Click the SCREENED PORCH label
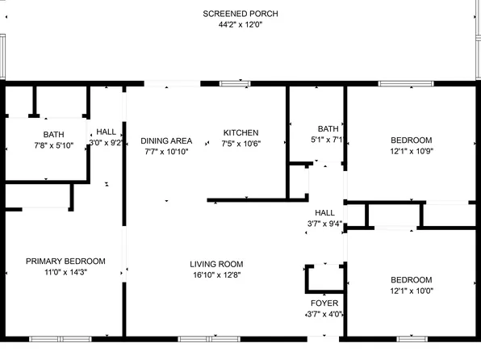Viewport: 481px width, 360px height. click(240, 14)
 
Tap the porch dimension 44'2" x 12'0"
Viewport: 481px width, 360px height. click(240, 25)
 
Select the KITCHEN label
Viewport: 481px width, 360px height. click(240, 132)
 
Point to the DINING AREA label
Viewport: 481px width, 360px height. click(165, 140)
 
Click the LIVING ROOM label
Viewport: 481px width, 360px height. click(216, 264)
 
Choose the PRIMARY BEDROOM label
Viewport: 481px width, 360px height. click(65, 261)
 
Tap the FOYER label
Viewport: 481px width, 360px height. click(325, 303)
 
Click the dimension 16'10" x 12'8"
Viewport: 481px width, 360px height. click(216, 275)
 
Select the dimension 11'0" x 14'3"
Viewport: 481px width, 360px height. click(65, 272)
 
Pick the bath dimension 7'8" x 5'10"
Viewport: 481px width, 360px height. click(53, 145)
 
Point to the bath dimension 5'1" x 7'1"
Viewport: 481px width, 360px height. click(328, 140)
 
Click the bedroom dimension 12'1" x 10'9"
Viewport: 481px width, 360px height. click(412, 150)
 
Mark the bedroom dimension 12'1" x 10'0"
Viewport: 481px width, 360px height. click(412, 291)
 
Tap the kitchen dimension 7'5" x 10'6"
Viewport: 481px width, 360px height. click(240, 144)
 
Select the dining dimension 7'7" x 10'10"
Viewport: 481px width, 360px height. click(165, 152)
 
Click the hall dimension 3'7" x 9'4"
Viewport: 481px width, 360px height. click(325, 224)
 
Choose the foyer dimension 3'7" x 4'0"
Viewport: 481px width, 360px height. click(325, 314)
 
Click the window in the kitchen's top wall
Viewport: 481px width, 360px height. click(235, 82)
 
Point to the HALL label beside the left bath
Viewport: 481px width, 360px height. click(106, 132)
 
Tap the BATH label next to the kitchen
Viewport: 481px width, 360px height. click(328, 128)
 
